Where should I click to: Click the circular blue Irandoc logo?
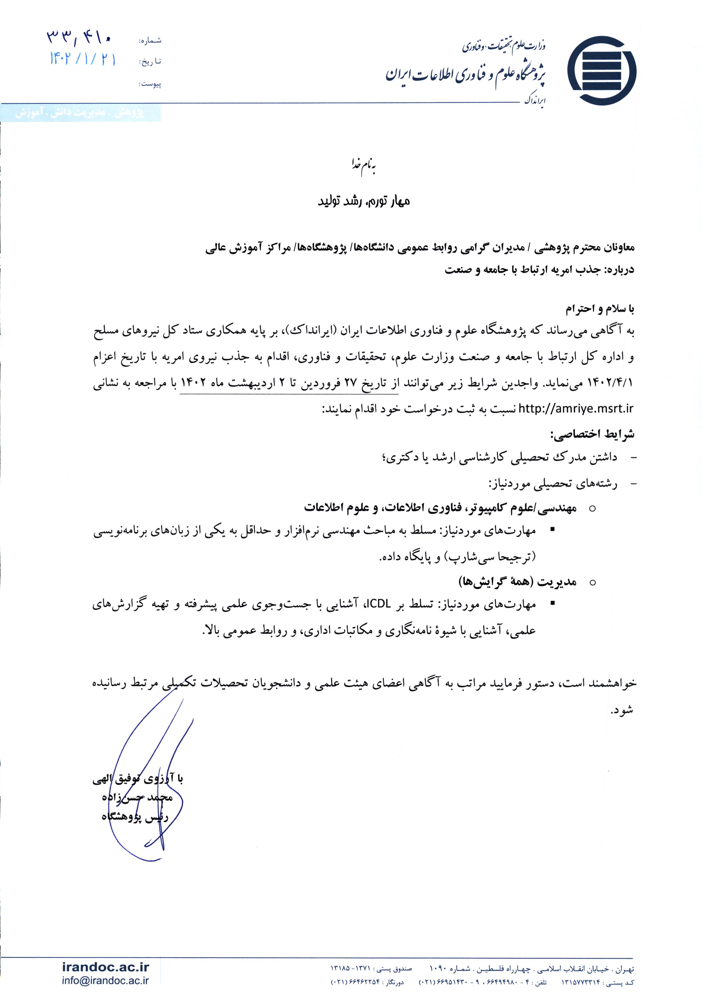(x=602, y=71)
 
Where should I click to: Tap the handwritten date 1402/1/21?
(x=83, y=59)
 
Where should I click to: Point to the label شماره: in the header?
(x=150, y=41)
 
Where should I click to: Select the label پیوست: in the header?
(x=150, y=84)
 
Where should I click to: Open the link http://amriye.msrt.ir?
(x=576, y=409)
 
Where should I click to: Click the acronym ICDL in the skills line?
(x=380, y=604)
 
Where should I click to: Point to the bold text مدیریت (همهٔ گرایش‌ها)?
(x=518, y=582)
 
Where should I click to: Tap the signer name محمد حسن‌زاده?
(x=138, y=797)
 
